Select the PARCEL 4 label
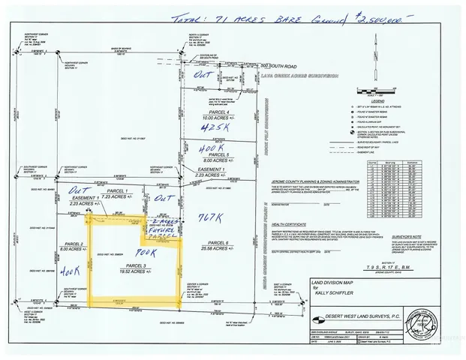pyautogui.click(x=219, y=111)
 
